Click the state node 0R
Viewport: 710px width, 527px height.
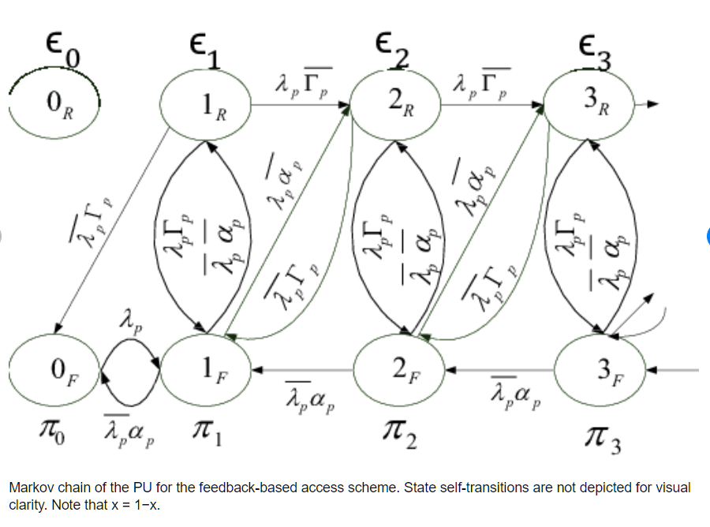point(54,103)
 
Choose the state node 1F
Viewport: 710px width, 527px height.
point(206,368)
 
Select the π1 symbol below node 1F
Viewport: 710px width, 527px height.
point(204,433)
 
